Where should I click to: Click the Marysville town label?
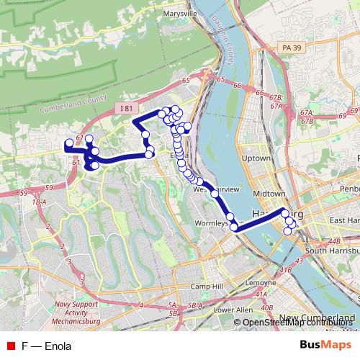coord(180,14)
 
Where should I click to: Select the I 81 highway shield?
coord(127,108)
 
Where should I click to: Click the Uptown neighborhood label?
coord(257,158)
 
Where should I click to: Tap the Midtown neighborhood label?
coord(270,194)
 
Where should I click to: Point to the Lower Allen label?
coord(233,310)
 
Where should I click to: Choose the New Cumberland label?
coord(319,318)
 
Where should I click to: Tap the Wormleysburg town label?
coord(214,223)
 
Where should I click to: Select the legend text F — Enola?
coord(46,345)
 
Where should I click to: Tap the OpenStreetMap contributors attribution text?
coord(300,322)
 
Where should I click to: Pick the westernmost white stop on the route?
coord(69,143)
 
